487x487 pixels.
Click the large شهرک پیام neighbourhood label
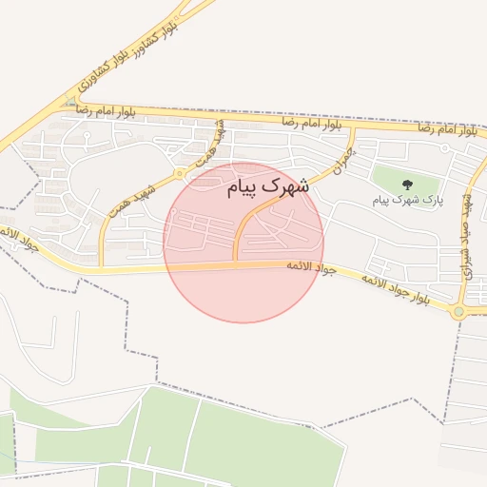[x=269, y=187]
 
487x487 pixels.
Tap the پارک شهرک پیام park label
[x=408, y=201]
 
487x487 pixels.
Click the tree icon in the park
[x=408, y=185]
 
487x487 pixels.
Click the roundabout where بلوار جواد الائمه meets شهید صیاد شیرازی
[x=460, y=310]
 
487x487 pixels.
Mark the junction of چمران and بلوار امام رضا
[x=354, y=127]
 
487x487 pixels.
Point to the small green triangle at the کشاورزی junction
[x=71, y=101]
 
